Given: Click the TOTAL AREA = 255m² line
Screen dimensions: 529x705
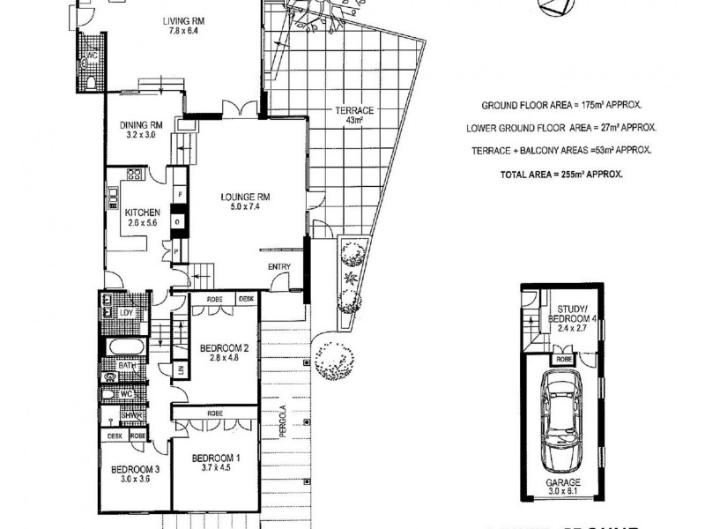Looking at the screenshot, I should (561, 175).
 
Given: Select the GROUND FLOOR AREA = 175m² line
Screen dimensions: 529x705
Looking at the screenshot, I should (561, 102).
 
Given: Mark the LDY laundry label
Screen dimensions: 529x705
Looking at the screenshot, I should (126, 313).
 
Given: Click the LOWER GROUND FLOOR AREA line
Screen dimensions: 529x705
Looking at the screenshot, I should (561, 127).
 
